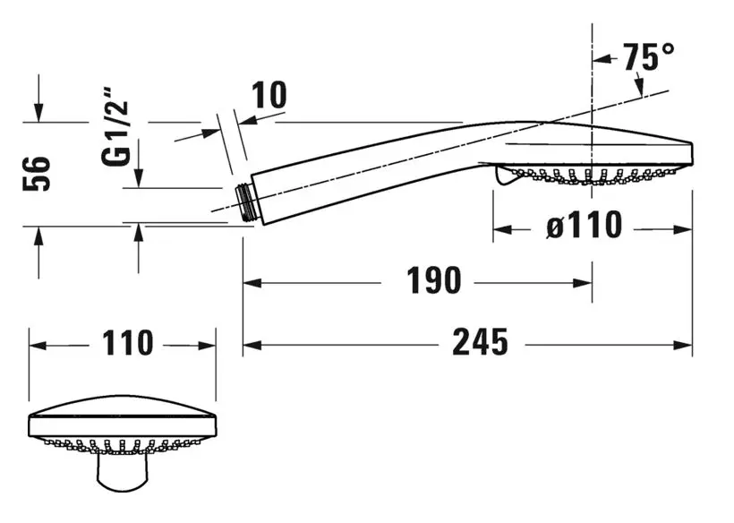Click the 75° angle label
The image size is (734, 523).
coord(650,57)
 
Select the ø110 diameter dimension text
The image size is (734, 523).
coord(585,226)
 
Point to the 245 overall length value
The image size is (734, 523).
coord(479,341)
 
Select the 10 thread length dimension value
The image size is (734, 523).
coord(268,95)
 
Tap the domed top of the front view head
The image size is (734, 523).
coord(123,405)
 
